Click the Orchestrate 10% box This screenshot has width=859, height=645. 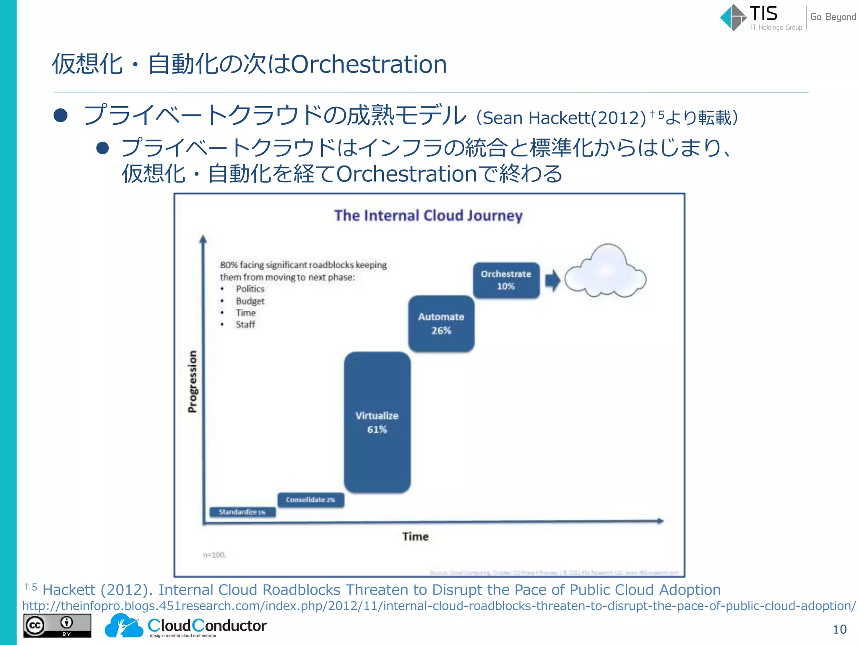point(506,280)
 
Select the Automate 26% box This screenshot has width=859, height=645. point(441,323)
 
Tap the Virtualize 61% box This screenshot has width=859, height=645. point(377,422)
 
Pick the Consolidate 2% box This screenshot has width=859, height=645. point(310,500)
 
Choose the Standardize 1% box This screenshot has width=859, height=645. point(242,512)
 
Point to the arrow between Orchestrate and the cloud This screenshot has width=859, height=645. point(552,281)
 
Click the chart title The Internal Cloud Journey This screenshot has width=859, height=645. point(428,215)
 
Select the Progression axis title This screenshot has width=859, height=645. point(192,381)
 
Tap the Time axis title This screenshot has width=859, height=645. point(415,536)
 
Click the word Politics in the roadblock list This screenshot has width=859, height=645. point(250,289)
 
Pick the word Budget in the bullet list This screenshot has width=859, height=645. point(250,301)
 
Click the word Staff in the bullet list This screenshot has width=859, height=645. point(245,325)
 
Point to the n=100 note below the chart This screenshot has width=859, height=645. point(215,555)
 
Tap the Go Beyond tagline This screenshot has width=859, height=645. point(833,17)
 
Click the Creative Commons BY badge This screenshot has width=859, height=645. point(57,626)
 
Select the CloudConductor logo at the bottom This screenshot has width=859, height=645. point(185,626)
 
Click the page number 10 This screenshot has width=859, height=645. point(839,629)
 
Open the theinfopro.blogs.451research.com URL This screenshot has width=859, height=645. point(438,606)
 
